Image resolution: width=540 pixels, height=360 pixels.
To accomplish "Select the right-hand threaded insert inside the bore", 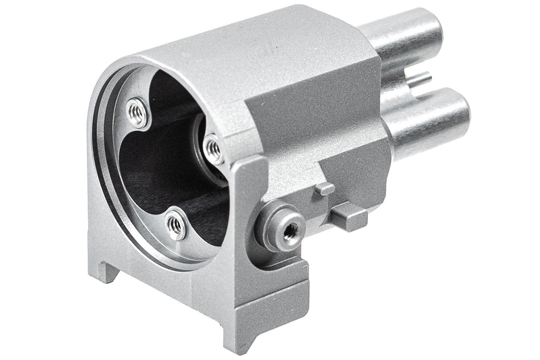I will (214, 148).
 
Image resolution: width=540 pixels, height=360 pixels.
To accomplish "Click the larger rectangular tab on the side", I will (348, 218).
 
